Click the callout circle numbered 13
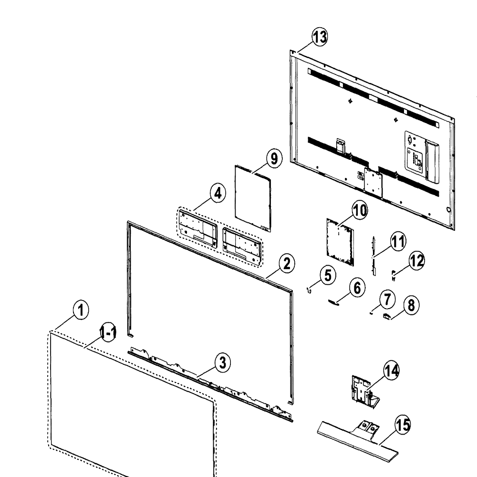click(320, 37)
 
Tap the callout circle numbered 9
click(274, 158)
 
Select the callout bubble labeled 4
click(218, 194)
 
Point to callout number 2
click(287, 263)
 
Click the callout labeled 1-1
click(108, 332)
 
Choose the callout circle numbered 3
click(223, 363)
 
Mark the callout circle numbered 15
click(403, 425)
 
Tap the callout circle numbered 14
click(391, 371)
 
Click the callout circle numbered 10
click(360, 210)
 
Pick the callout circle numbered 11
click(398, 242)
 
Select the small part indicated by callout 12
click(393, 276)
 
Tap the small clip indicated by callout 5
click(309, 290)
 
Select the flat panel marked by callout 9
click(253, 198)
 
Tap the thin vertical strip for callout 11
click(374, 256)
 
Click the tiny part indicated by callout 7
click(371, 313)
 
